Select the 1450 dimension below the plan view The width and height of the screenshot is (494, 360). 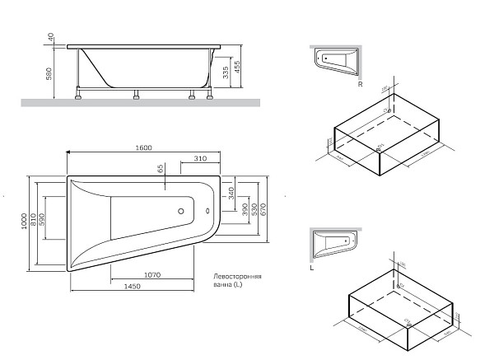(132, 286)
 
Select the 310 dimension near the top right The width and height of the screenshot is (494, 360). (200, 158)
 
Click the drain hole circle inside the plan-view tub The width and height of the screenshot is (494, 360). (179, 211)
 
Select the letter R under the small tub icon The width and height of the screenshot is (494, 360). (360, 83)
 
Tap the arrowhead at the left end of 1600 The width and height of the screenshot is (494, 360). (68, 152)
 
